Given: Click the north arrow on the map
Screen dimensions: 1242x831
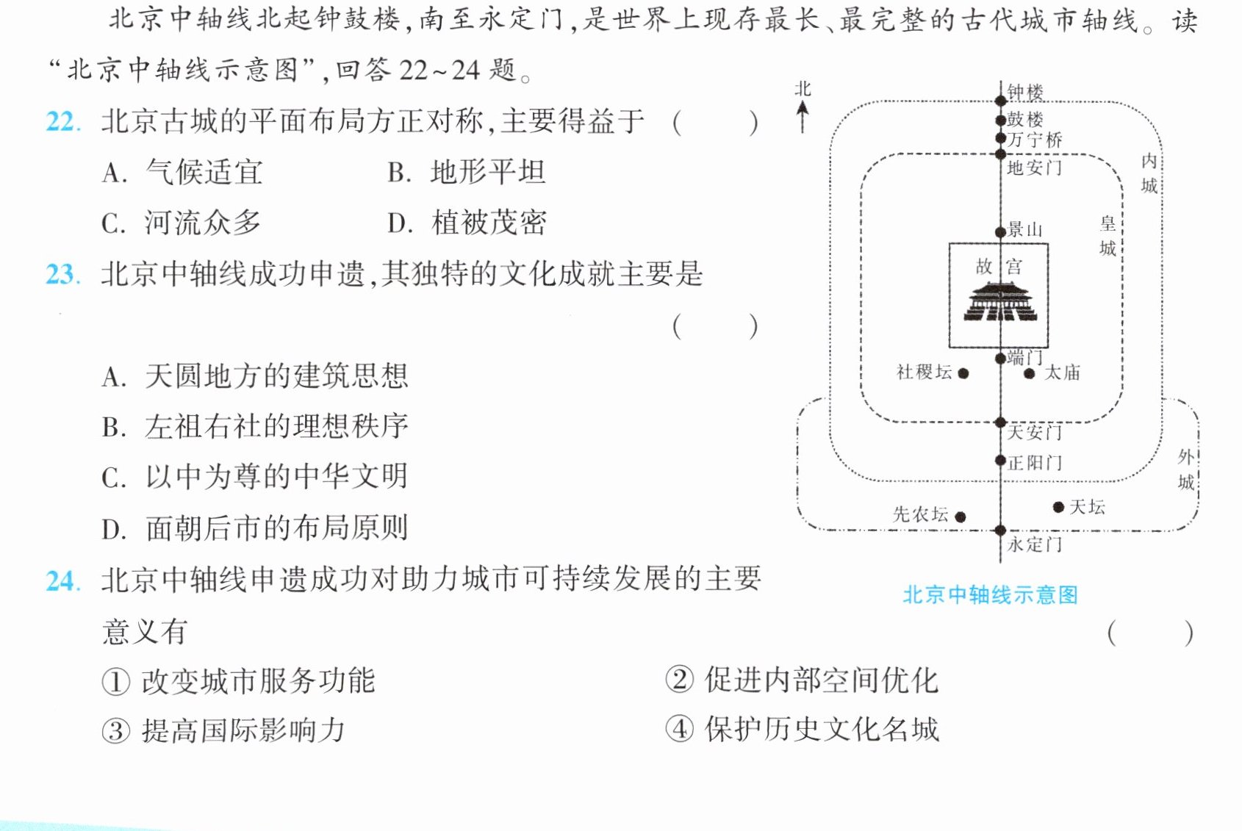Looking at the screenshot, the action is (x=803, y=117).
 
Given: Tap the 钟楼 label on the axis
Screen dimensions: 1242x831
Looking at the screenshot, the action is (x=1025, y=92).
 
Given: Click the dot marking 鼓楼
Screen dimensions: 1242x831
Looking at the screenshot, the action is (x=1000, y=120).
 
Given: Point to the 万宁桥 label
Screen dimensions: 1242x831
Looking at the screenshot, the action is (x=1035, y=139).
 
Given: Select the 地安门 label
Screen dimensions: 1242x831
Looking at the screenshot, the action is (x=1035, y=168).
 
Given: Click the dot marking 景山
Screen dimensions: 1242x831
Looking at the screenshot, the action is (x=1000, y=232).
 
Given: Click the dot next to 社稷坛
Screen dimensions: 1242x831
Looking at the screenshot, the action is (x=963, y=374).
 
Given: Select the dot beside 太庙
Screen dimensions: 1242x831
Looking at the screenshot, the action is (x=1029, y=374).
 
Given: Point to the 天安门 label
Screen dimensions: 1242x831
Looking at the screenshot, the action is (x=1035, y=433).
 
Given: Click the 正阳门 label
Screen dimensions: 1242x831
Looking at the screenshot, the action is (x=1035, y=462).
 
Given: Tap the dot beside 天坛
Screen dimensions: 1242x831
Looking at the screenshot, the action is (x=1058, y=507).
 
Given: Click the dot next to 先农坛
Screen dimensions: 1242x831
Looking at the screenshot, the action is (x=961, y=517).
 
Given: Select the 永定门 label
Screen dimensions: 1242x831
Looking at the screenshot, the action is (x=1035, y=544).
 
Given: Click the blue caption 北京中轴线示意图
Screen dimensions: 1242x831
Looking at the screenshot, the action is (x=991, y=595).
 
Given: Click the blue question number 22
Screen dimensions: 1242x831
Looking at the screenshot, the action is (x=62, y=121).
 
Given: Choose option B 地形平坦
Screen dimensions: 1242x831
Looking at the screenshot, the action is (x=467, y=172).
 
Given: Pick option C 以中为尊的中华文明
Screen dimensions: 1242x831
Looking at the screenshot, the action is (x=255, y=477).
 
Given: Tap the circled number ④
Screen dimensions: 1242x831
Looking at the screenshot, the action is (x=680, y=729).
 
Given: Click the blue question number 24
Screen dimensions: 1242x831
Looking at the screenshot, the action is (x=63, y=581).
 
